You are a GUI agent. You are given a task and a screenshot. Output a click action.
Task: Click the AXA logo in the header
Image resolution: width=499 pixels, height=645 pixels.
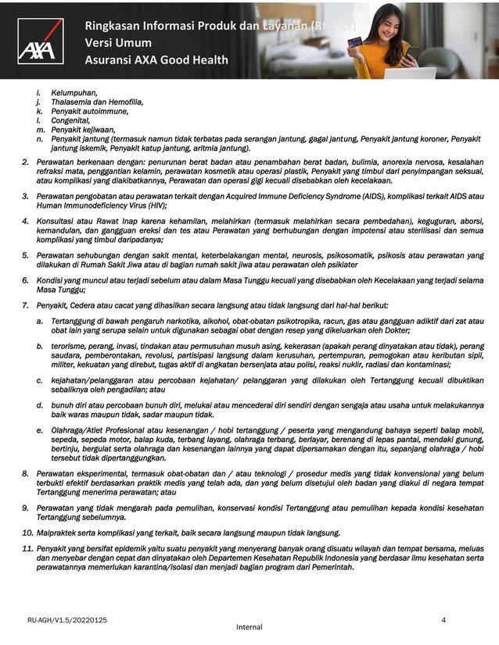[x=41, y=41]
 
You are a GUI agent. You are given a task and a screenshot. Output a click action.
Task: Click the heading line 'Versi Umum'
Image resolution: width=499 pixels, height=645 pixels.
[x=119, y=44]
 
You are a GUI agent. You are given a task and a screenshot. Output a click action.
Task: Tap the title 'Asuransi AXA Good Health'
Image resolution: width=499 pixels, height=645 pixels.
[x=156, y=60]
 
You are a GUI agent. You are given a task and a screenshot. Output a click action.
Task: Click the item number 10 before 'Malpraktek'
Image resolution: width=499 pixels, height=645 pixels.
[x=26, y=533]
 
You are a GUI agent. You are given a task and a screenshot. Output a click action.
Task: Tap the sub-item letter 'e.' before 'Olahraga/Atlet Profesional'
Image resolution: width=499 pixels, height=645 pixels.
[x=39, y=430]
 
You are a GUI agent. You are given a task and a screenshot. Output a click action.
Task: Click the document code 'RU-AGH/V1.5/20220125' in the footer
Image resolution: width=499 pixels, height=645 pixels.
[x=67, y=620]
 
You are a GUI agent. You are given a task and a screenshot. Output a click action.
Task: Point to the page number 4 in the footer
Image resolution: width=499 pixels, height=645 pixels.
[x=443, y=620]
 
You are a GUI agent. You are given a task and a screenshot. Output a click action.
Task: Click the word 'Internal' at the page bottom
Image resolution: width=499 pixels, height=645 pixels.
[x=249, y=627]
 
